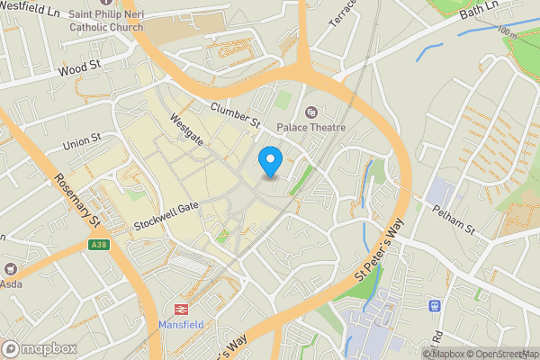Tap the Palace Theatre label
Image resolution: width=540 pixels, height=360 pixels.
(x=311, y=128)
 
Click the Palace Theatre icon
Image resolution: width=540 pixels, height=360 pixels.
(x=312, y=112)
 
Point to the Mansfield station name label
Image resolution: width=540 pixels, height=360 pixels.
(x=183, y=324)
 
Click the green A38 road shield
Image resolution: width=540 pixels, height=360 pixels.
(x=98, y=244)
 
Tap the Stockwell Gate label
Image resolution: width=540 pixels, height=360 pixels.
(x=166, y=212)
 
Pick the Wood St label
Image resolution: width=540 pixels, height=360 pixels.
(x=77, y=68)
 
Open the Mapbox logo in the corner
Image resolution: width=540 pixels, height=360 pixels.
(x=40, y=348)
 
